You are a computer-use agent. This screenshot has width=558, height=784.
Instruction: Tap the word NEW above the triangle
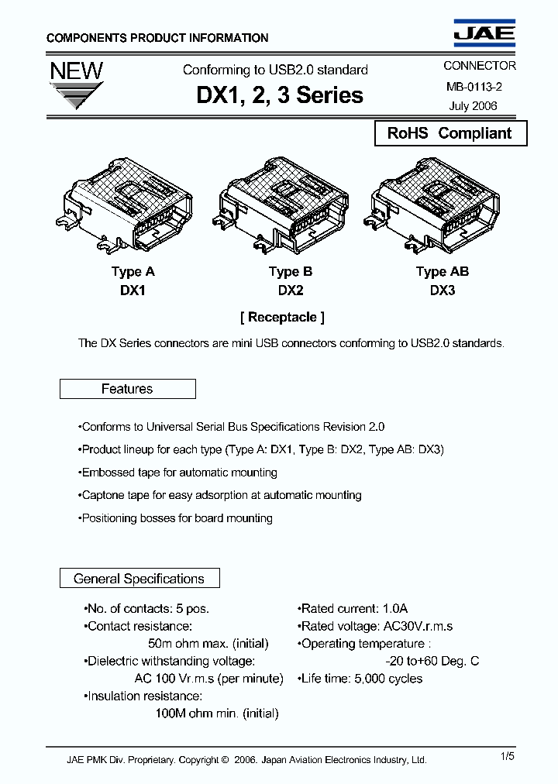click(76, 71)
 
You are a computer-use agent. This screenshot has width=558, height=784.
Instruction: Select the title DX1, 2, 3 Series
click(280, 95)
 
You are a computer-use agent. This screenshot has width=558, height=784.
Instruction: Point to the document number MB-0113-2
click(473, 87)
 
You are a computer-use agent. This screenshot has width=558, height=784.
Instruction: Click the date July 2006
click(473, 106)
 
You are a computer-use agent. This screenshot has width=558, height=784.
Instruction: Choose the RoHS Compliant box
click(449, 133)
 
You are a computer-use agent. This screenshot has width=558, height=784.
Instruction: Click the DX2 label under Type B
click(290, 291)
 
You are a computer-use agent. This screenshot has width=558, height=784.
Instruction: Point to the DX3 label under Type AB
click(442, 291)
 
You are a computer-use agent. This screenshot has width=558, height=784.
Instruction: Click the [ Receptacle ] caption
click(282, 317)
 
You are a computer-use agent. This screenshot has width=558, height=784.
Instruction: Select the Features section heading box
click(127, 389)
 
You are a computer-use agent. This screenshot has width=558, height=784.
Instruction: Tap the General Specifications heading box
click(139, 579)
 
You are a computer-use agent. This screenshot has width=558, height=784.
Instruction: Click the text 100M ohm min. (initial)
click(216, 714)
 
